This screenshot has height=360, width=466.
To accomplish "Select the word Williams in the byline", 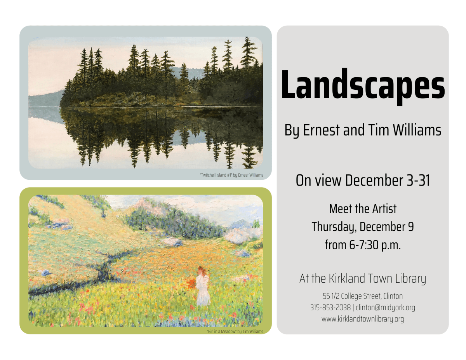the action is (417, 130).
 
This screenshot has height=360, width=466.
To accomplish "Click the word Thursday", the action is (334, 227).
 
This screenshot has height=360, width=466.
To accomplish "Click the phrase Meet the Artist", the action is (363, 209).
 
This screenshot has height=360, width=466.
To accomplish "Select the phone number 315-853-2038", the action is (330, 308).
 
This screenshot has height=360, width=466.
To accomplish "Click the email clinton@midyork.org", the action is (385, 308).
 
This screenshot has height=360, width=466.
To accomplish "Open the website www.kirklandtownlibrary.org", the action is (363, 319).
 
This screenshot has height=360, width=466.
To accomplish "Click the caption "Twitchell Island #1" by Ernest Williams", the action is (231, 175).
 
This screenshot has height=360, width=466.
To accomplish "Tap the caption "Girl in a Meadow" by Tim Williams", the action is (235, 332).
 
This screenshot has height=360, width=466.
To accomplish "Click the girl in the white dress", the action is (203, 286).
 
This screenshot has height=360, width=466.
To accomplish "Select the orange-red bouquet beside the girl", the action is (191, 283).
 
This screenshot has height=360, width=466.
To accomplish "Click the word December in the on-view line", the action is (374, 180).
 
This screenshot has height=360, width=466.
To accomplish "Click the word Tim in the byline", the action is (379, 130).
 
